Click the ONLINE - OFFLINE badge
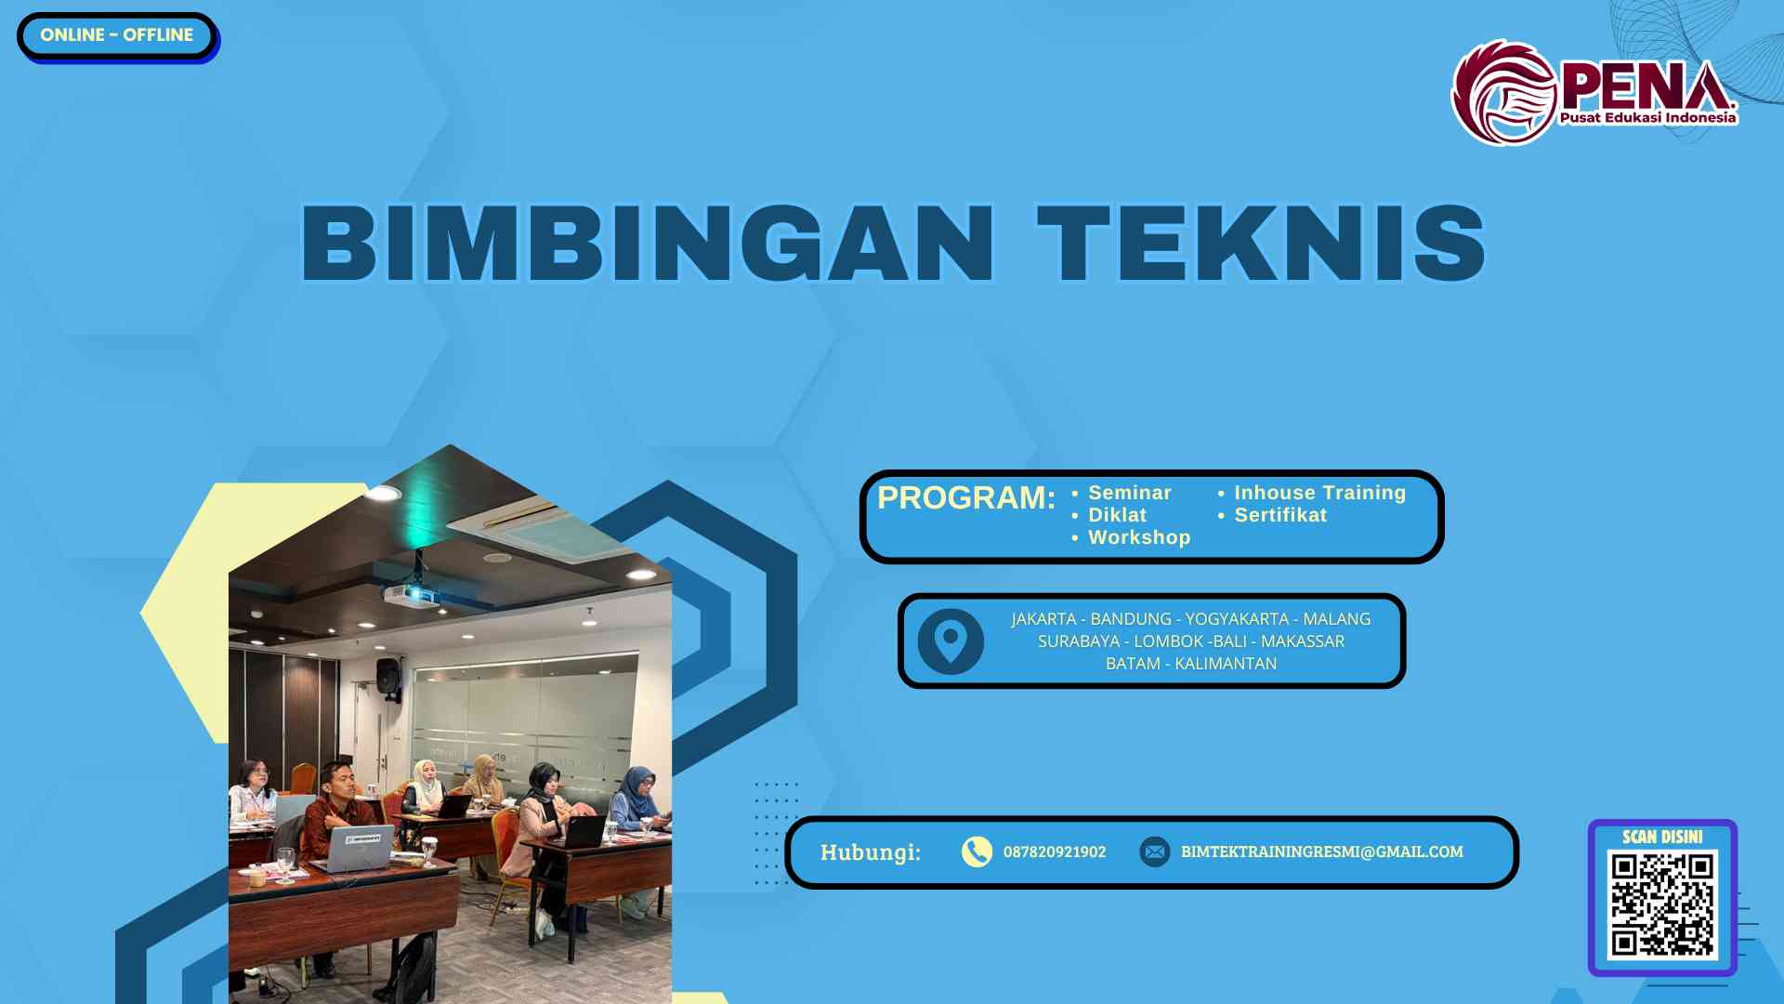coord(117,35)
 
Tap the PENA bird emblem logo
coord(1504,93)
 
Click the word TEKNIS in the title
coord(1262,244)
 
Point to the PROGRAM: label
coord(965,498)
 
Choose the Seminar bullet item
coord(1129,493)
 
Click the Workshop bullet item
coord(1138,537)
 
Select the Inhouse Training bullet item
coord(1319,493)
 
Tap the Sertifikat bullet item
coord(1279,515)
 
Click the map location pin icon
coord(951,641)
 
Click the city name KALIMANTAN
coord(1226,664)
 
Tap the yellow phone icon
coord(977,852)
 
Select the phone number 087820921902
coord(1055,852)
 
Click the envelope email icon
coord(1155,852)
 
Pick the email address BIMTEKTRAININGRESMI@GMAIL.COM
coord(1321,852)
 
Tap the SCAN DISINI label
coord(1662,837)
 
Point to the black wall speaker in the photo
coord(388,676)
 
